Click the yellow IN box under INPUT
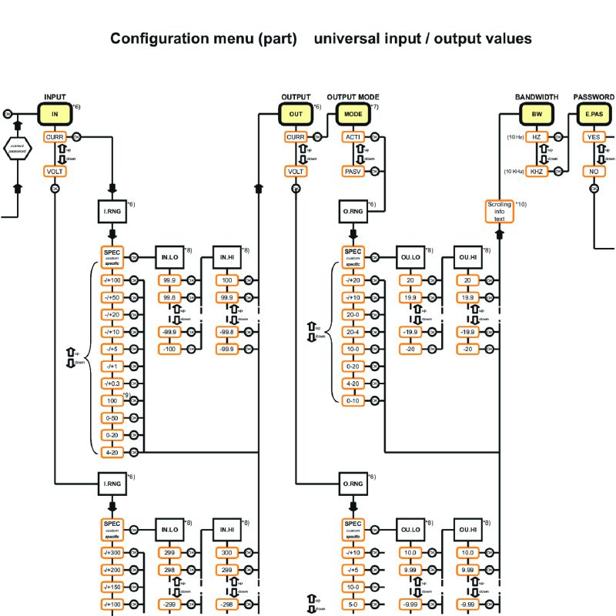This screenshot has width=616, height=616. [x=55, y=113]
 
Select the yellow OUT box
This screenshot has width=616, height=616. [x=296, y=113]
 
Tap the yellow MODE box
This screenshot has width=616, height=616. [x=353, y=113]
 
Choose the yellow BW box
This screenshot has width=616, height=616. [x=537, y=113]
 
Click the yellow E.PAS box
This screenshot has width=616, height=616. [x=594, y=113]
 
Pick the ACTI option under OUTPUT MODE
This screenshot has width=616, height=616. [x=353, y=137]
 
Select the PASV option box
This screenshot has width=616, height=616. [x=353, y=171]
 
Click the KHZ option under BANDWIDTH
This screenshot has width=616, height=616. [x=537, y=171]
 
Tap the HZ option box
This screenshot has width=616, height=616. [x=537, y=137]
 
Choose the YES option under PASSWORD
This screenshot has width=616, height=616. [x=594, y=137]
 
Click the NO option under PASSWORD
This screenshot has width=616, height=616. [x=594, y=171]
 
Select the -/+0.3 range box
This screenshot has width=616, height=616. [x=112, y=383]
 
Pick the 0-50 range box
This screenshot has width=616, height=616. [x=112, y=417]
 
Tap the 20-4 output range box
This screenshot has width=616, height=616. [x=353, y=332]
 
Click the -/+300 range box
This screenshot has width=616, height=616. [x=112, y=552]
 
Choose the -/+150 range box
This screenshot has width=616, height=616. [x=112, y=586]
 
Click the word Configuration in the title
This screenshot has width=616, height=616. [x=159, y=38]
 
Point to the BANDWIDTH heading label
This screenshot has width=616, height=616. [x=537, y=97]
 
